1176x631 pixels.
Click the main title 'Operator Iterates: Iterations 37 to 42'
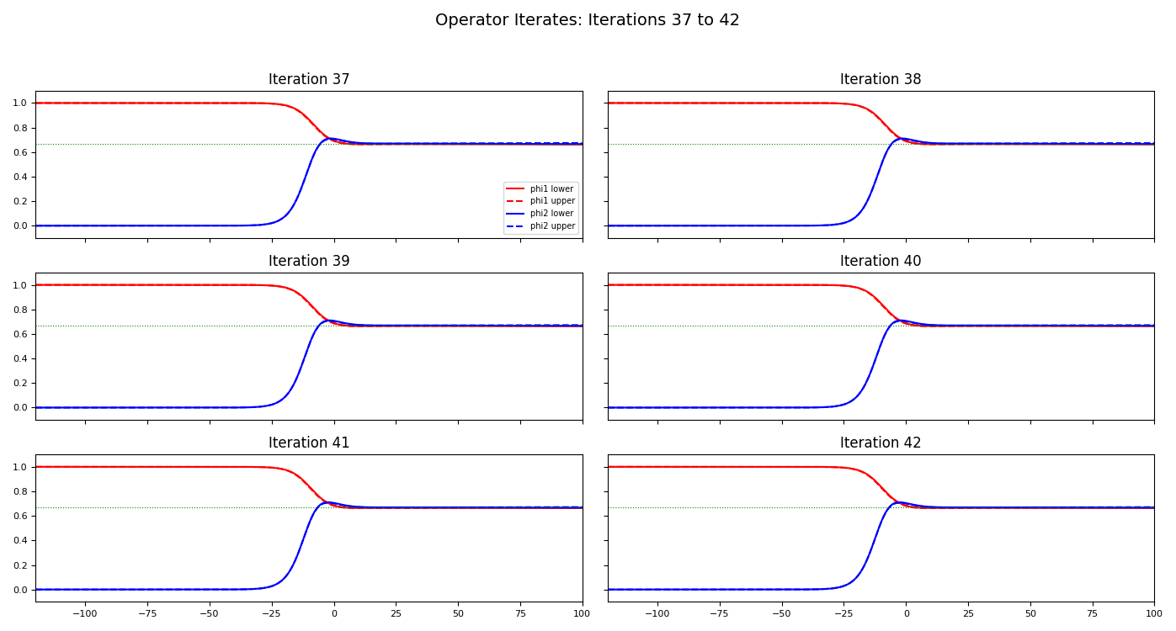pos(587,20)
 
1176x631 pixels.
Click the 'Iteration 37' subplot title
pos(309,80)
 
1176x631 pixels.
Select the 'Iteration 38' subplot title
pos(881,80)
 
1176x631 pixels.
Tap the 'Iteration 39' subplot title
pos(309,262)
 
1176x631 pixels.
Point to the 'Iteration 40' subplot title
pos(881,262)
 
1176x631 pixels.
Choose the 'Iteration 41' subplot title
pos(309,443)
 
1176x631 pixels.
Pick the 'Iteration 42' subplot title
pos(881,443)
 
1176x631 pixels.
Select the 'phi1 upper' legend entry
pos(552,201)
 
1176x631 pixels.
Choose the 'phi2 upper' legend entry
pos(552,226)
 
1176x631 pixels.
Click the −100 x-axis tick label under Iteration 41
pos(84,614)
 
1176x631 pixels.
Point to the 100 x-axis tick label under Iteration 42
pos(1154,614)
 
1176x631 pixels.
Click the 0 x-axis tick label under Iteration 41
pos(334,614)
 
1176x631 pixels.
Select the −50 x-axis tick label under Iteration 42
pos(781,614)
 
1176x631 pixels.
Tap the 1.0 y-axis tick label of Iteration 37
pos(20,103)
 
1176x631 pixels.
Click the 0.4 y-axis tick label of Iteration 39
pos(20,359)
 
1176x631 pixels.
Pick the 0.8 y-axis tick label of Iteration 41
pos(20,492)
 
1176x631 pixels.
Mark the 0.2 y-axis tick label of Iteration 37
pos(20,202)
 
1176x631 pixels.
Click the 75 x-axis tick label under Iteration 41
pos(520,614)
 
